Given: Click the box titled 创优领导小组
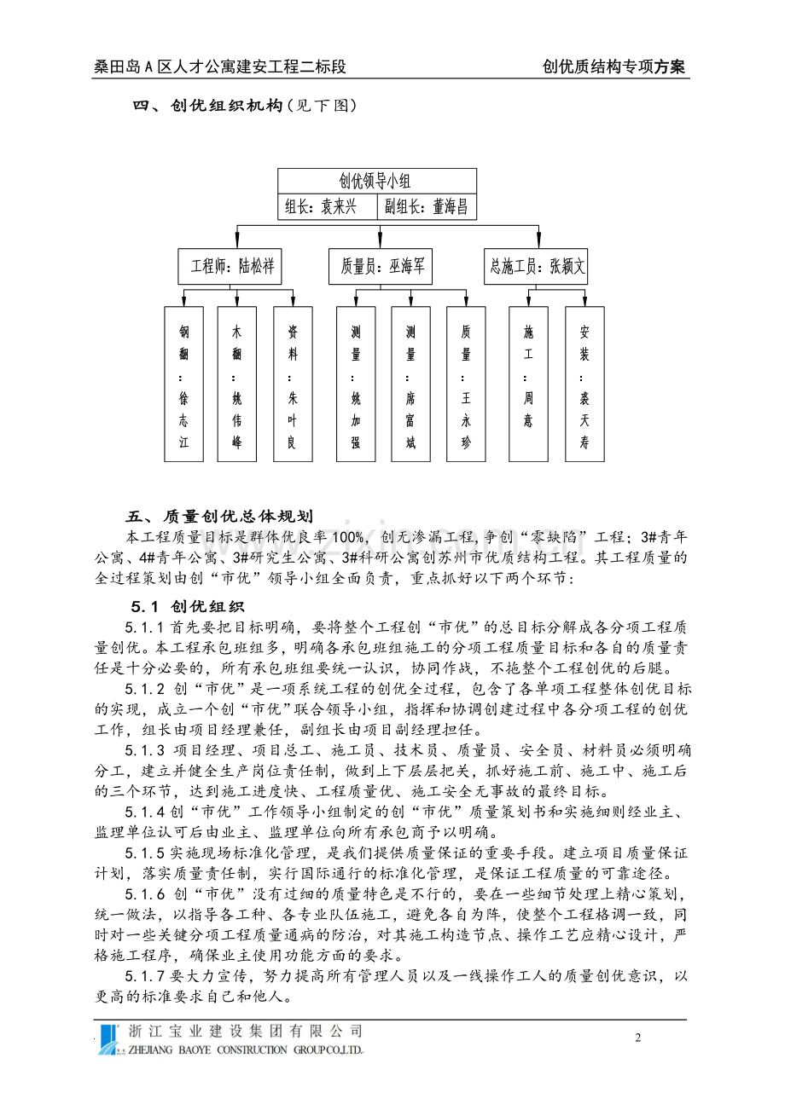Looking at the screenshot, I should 376,181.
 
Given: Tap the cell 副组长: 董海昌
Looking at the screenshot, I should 426,206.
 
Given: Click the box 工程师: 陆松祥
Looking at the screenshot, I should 230,266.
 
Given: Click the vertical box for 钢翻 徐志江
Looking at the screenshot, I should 183,384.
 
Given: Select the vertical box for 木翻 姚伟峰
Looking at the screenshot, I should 236,384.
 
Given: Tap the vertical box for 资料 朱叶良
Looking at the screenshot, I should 293,384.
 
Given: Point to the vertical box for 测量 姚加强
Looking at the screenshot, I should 355,384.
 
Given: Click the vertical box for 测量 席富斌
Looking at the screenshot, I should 410,384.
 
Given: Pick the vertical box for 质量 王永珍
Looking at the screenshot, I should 466,384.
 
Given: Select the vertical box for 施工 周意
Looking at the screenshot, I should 528,384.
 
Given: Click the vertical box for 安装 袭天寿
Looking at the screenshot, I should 584,384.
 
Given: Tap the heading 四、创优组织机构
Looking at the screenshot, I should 208,107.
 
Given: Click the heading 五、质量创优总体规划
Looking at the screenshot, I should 220,517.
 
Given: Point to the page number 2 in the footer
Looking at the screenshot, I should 637,1038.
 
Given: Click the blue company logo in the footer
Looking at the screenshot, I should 109,1039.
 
